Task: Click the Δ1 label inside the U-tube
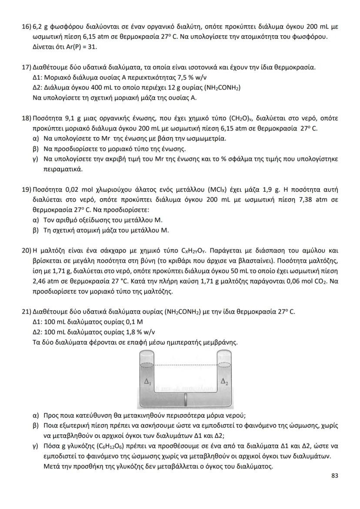(147, 382)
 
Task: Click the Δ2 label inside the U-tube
(224, 382)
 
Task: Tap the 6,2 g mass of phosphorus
(40, 27)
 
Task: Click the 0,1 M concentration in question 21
(122, 322)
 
